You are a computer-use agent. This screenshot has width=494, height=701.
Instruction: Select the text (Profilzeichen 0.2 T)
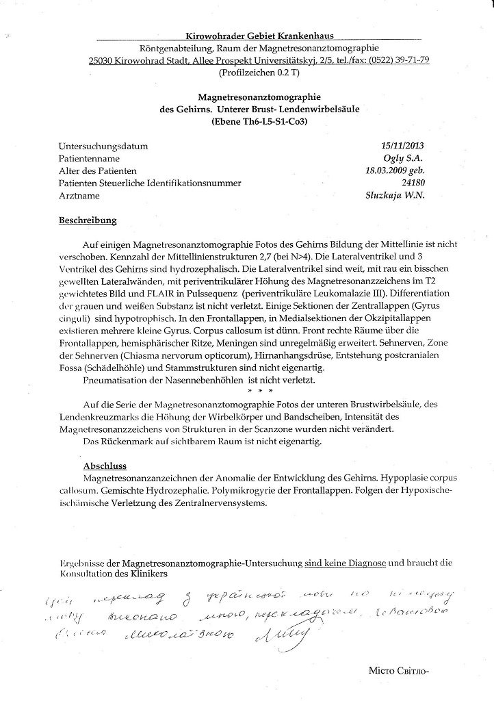pyautogui.click(x=255, y=72)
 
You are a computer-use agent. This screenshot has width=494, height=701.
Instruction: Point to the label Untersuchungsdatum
pyautogui.click(x=103, y=146)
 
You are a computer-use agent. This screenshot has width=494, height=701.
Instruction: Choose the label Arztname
pyautogui.click(x=79, y=195)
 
